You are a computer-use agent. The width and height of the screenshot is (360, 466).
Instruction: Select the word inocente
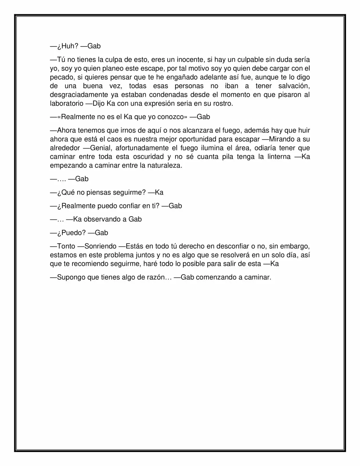(x=190, y=60)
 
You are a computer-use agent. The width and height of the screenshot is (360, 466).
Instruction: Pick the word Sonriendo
(x=100, y=246)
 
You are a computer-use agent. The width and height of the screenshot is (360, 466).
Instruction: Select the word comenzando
(x=216, y=277)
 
